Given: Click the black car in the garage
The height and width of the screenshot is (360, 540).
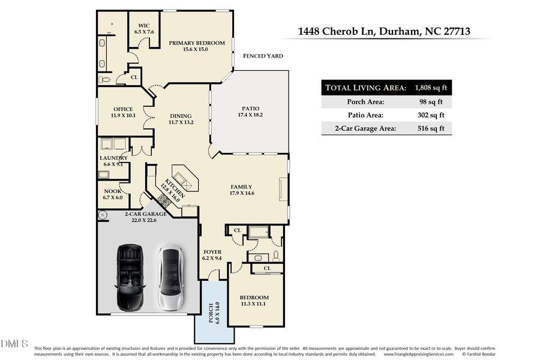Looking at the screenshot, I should tap(129, 276).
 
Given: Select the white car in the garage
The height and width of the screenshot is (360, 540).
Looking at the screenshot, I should tap(170, 276).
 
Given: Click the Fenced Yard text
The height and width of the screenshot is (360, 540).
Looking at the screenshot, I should tap(263, 56).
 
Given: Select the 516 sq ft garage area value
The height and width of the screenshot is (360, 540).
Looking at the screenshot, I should tap(430, 128).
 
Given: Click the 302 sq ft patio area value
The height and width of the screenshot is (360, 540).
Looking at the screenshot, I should tap(430, 115).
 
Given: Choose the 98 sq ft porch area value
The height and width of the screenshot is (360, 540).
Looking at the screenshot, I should tap(430, 101).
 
